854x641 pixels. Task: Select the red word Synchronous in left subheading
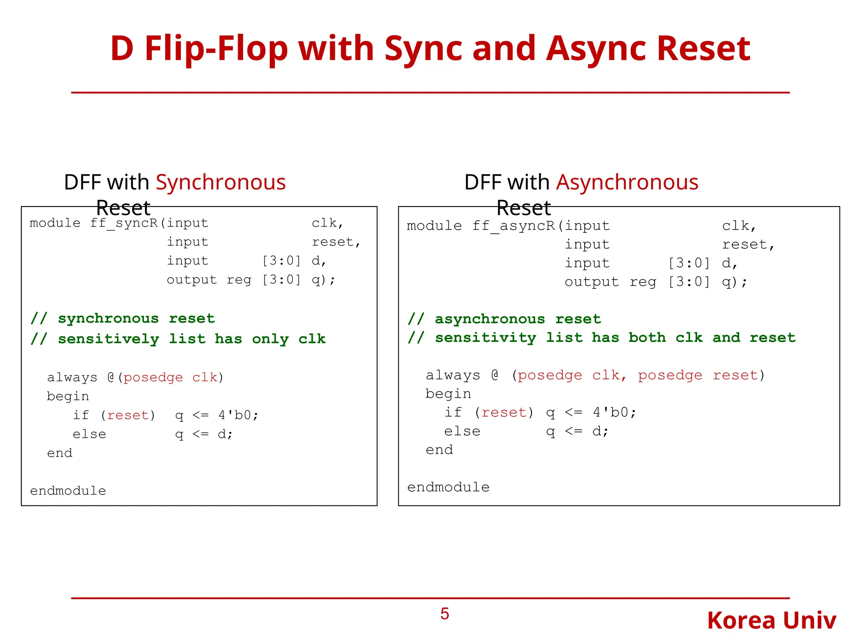tap(221, 182)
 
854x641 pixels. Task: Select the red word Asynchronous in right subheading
tap(627, 182)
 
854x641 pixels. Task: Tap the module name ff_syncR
tap(124, 223)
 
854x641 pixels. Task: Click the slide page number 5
tap(445, 614)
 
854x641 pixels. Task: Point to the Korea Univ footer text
tap(771, 621)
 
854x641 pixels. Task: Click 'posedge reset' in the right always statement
tap(697, 376)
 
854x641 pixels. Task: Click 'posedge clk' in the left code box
tap(171, 378)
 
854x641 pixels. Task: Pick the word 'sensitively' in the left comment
tap(108, 339)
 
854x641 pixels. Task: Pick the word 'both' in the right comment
tap(647, 338)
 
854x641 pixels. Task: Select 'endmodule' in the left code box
tap(68, 491)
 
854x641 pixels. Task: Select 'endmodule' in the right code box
tap(448, 487)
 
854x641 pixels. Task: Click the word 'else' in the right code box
tap(462, 432)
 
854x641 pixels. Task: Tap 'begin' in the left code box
tap(68, 396)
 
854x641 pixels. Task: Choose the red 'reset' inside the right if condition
tap(504, 413)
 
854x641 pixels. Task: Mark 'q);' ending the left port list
tap(323, 280)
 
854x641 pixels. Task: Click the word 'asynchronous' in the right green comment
tap(490, 319)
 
